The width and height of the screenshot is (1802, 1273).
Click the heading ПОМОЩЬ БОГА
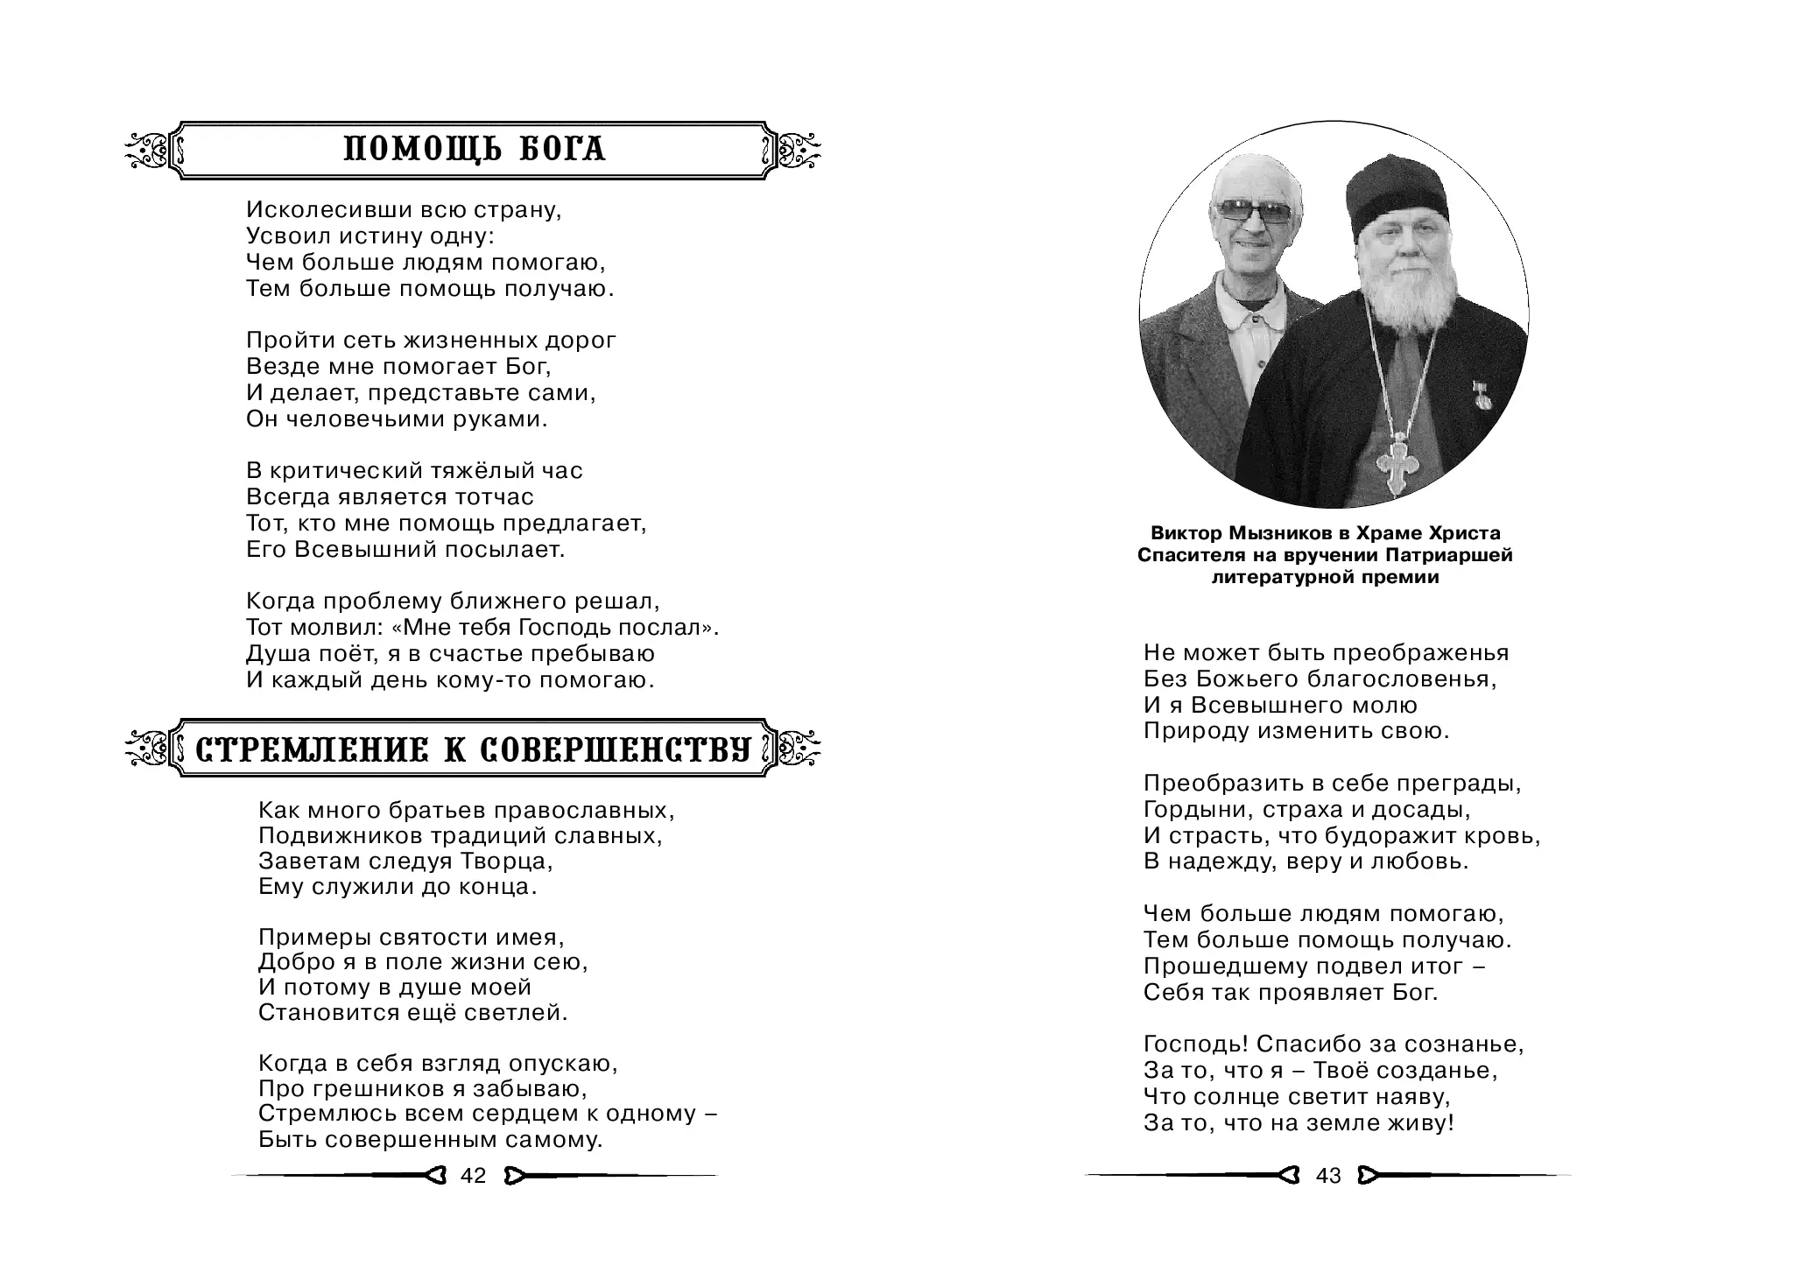474,150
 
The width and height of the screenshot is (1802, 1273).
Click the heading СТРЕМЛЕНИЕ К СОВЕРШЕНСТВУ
474,749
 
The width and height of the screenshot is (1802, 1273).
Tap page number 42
473,1176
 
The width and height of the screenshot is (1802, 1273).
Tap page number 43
1328,1176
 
